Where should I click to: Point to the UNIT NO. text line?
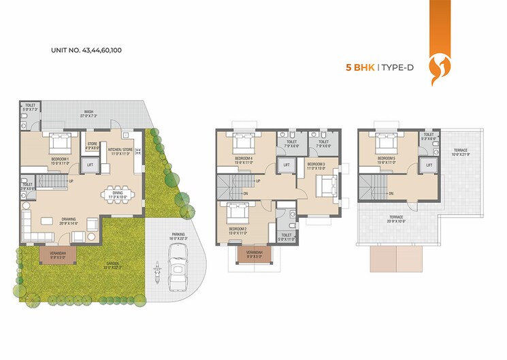(86, 50)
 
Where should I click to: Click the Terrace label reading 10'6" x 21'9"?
(461, 154)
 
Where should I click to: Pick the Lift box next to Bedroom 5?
(429, 165)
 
